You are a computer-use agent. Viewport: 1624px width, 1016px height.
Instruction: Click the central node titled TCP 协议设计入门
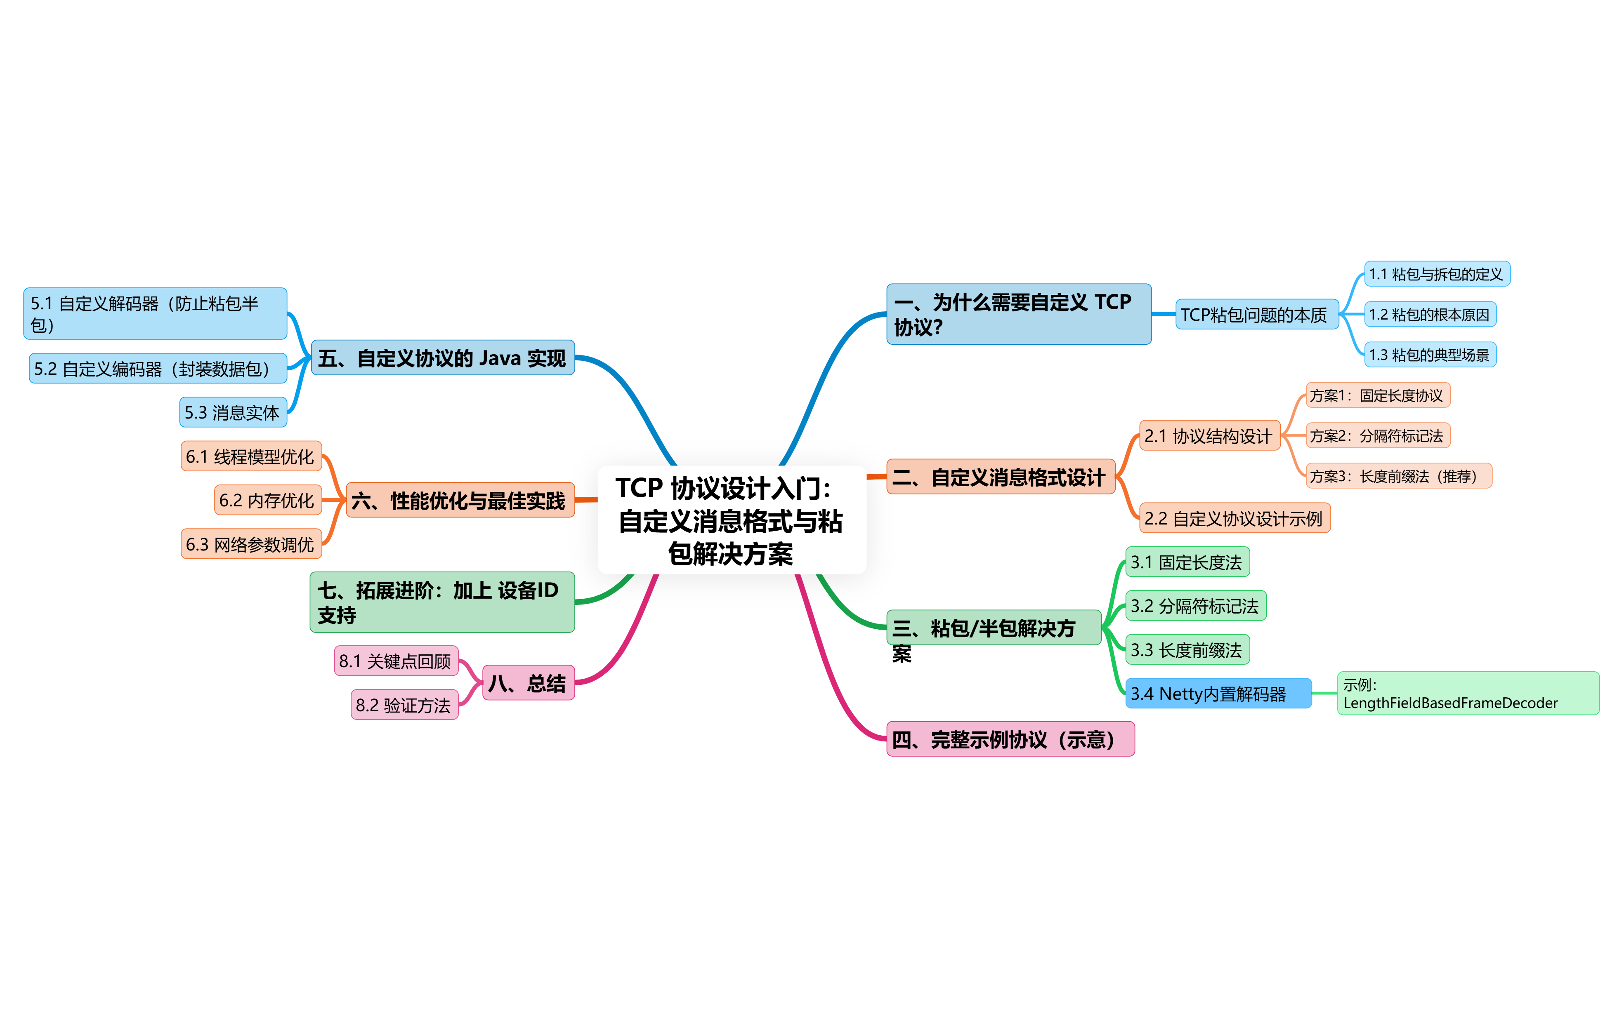point(732,520)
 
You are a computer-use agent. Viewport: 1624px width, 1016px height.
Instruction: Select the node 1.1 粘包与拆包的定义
point(1436,274)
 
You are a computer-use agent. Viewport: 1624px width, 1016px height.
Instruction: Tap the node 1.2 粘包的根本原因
point(1430,315)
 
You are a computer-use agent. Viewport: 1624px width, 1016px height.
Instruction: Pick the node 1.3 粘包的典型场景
point(1430,355)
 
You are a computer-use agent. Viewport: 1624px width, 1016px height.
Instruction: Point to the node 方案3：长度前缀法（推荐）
point(1398,476)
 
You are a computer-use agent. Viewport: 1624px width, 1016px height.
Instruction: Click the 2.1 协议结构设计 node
point(1209,436)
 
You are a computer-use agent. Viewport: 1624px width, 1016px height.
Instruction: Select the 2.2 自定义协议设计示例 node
point(1233,518)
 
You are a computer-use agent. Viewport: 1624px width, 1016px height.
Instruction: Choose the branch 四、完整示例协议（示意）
point(1010,739)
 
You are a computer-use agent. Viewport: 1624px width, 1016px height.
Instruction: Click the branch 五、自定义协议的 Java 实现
point(442,357)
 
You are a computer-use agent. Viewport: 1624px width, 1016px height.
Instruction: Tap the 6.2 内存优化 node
point(267,500)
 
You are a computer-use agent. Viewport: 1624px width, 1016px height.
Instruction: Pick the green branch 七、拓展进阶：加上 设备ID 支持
point(441,602)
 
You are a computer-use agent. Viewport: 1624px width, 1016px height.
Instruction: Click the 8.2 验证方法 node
point(404,705)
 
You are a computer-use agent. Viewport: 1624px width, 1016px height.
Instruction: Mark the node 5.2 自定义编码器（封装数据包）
point(157,368)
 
